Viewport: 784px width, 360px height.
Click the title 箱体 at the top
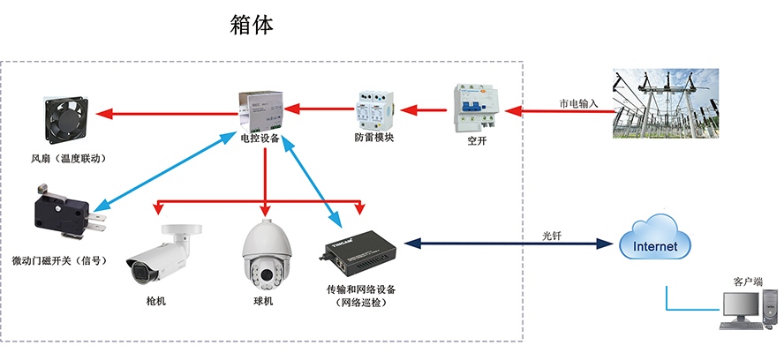click(x=252, y=25)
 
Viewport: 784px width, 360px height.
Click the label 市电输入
click(x=579, y=103)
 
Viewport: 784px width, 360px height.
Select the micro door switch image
click(x=64, y=213)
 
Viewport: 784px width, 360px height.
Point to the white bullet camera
click(x=161, y=256)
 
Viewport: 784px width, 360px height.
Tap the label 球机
click(x=262, y=302)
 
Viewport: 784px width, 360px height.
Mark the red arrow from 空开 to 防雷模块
click(x=422, y=110)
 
